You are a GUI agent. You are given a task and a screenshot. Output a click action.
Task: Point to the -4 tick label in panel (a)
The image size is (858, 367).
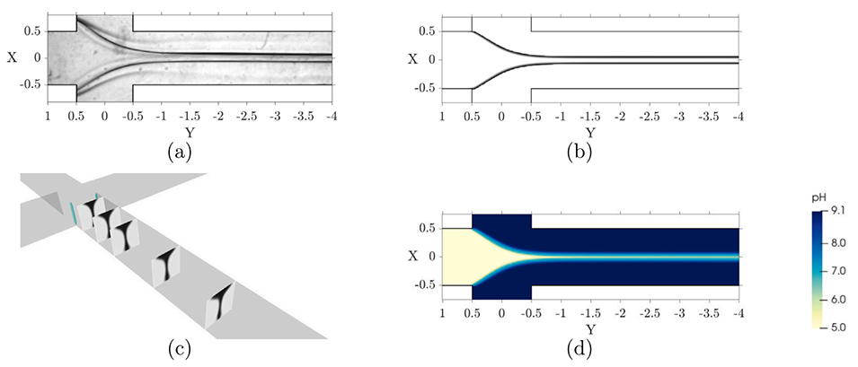tap(331, 117)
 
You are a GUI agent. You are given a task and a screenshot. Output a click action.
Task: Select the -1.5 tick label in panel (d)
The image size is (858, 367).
tap(588, 315)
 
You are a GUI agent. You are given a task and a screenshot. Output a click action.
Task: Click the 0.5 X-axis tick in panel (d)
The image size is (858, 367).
tap(427, 228)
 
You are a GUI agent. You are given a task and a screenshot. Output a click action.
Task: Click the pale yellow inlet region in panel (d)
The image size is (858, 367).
tap(449, 256)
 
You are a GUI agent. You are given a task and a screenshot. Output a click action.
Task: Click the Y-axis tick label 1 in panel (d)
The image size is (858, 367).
tap(442, 315)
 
